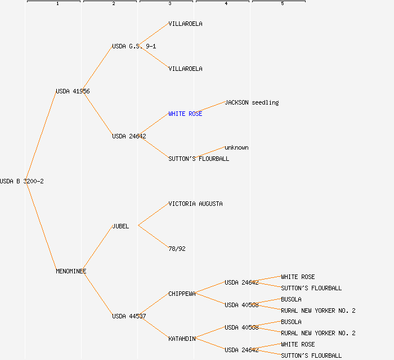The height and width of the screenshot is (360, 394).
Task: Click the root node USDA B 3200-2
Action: pos(22,181)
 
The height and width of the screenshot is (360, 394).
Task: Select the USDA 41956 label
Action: pos(73,91)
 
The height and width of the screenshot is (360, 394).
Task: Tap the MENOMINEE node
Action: pos(71,271)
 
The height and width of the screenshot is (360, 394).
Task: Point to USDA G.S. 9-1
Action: pos(134,46)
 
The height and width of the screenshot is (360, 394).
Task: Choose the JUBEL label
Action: pos(120,226)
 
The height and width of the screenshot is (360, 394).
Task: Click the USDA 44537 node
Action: pos(129,316)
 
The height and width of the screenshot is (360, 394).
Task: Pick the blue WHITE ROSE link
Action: pos(185,114)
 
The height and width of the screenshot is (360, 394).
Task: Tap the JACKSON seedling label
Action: pos(252,102)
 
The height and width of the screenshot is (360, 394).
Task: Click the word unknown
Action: pos(236,147)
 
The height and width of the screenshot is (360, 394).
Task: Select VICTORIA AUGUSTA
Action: pos(195,204)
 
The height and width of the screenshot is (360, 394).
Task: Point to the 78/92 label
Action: pos(177,249)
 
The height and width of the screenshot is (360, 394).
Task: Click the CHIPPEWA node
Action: pos(182,294)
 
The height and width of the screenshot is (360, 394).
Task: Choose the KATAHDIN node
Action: pos(182,339)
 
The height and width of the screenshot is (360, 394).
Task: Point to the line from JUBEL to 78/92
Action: pos(153,237)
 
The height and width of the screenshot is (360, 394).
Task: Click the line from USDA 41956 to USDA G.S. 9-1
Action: pos(98,69)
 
